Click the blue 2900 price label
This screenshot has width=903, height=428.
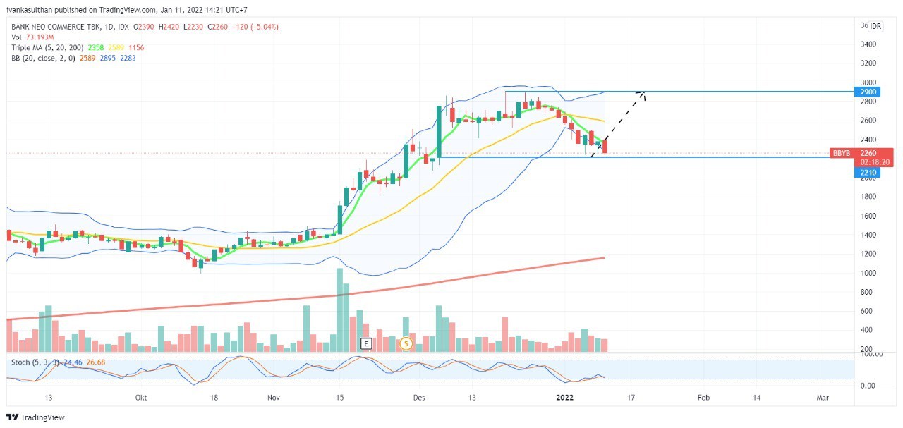tap(868, 92)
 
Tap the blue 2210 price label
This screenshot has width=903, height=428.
tap(868, 172)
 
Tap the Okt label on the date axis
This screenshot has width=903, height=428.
tap(141, 398)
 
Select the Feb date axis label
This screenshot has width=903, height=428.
tap(703, 398)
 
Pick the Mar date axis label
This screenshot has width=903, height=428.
tap(822, 398)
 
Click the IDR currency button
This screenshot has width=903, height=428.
tap(875, 26)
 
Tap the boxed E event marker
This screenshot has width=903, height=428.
tap(365, 343)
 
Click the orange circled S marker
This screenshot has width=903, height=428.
tap(406, 343)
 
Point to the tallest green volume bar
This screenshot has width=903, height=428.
tap(339, 310)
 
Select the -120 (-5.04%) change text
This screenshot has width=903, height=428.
tap(260, 27)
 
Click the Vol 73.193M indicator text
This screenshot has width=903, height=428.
tap(32, 37)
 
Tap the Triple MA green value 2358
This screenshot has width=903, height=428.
tap(95, 47)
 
